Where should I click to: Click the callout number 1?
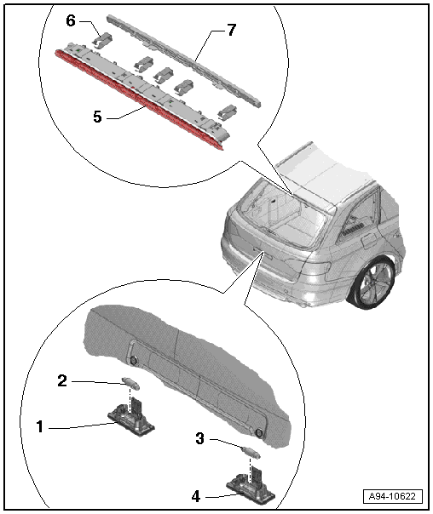40,427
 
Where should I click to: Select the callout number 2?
62,381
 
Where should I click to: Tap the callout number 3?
200,438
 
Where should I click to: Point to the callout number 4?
196,496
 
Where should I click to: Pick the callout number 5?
97,117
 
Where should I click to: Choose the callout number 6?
71,20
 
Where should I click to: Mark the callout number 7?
232,30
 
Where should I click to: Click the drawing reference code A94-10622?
392,496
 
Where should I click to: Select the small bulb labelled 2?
130,383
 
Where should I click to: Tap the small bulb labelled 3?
251,452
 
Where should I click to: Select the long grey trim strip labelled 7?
184,60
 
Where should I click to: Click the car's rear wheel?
374,283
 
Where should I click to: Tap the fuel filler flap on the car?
368,242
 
